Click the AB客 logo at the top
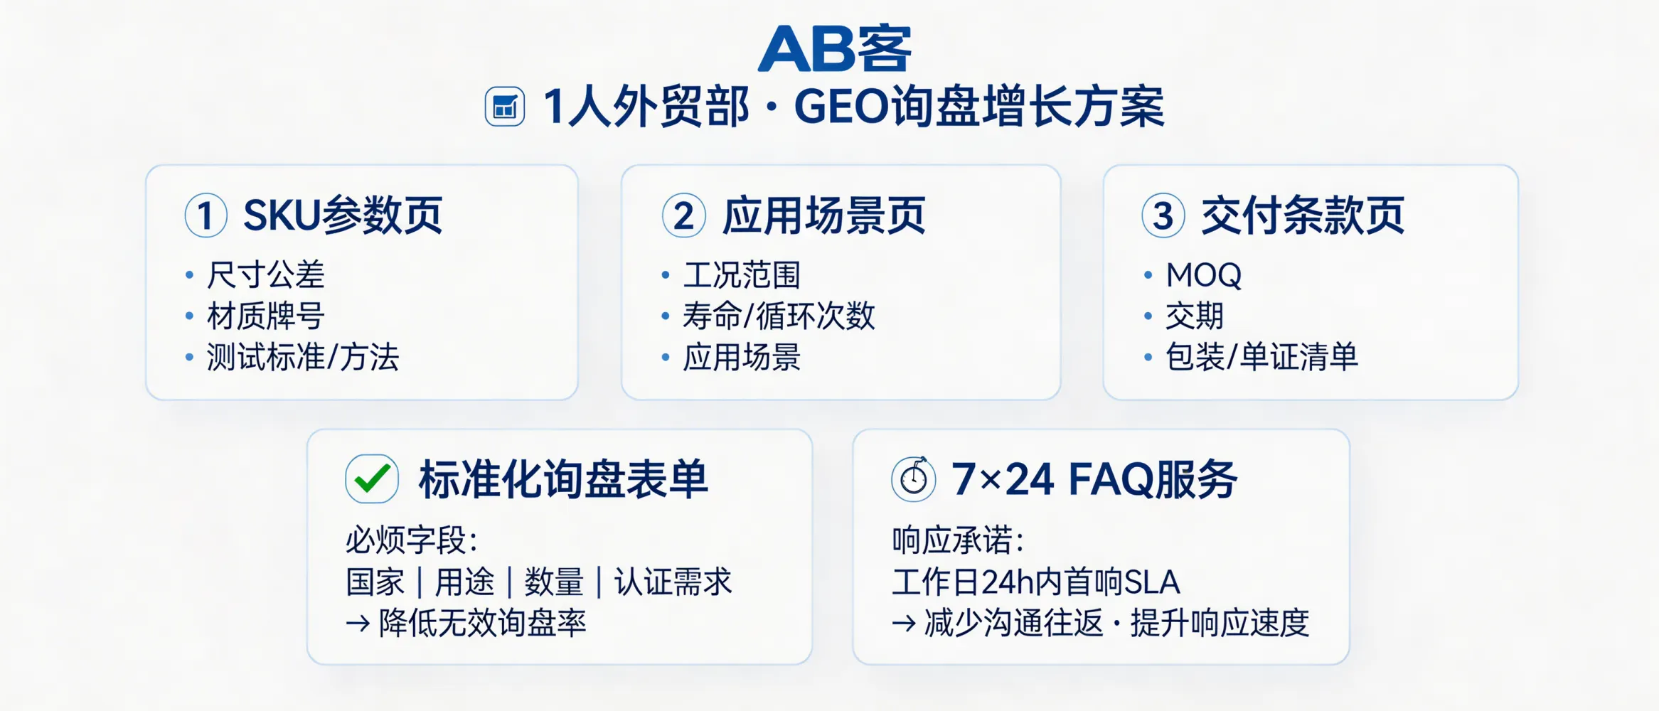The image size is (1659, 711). (x=834, y=48)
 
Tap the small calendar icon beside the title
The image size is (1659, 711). (x=505, y=107)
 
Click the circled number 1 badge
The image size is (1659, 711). (x=206, y=215)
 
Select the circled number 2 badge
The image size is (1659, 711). (x=683, y=215)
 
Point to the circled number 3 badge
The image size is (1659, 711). (x=1163, y=215)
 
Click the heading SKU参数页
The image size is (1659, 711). (x=343, y=215)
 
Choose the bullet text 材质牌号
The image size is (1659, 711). (x=266, y=316)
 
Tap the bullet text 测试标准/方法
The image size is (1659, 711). (x=303, y=357)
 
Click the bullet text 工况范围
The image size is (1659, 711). (x=742, y=275)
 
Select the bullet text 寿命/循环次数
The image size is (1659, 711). (x=779, y=316)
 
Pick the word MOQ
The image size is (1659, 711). (x=1203, y=275)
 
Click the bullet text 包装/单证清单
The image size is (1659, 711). (x=1261, y=357)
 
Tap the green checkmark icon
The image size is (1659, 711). (x=372, y=479)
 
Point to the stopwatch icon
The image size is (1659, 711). (x=914, y=479)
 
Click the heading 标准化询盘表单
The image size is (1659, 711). (x=563, y=479)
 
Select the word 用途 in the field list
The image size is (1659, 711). (x=464, y=582)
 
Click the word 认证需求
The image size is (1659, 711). (x=673, y=582)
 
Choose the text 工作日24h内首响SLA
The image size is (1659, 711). (x=1036, y=582)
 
